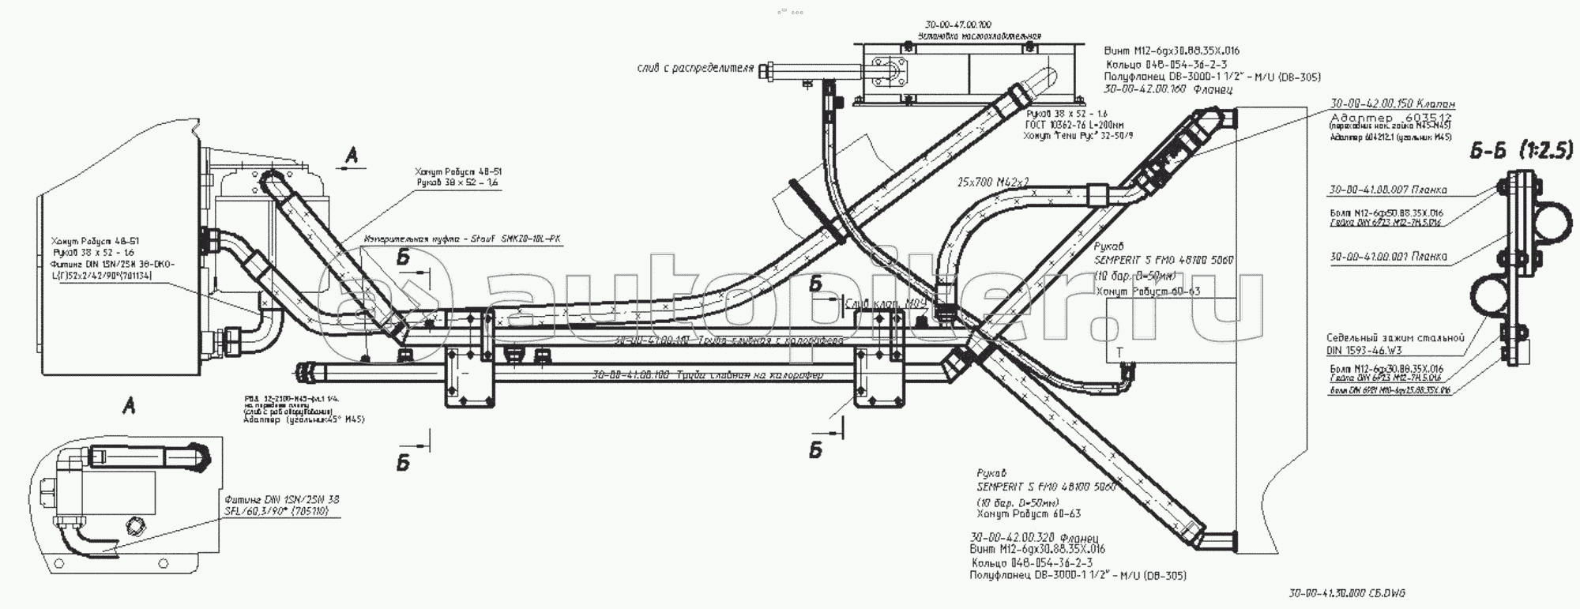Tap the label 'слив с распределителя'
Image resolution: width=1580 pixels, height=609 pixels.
pos(695,69)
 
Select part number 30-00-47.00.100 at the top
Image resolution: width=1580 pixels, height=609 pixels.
pos(957,25)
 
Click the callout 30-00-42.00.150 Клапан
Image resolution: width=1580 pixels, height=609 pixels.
pos(1392,103)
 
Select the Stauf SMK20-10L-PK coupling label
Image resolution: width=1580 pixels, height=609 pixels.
pos(462,238)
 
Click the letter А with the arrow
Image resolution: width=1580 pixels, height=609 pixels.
pos(352,157)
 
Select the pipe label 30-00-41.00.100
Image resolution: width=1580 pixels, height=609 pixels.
pos(708,375)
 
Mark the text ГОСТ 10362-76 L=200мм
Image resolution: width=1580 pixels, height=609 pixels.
pos(1074,125)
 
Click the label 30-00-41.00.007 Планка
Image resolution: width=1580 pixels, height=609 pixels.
pos(1388,190)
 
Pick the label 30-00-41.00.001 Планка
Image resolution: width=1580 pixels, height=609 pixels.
pos(1388,257)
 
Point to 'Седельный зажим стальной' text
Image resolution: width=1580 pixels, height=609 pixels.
pos(1395,338)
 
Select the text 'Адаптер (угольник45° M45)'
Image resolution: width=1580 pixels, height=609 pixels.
pos(304,419)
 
